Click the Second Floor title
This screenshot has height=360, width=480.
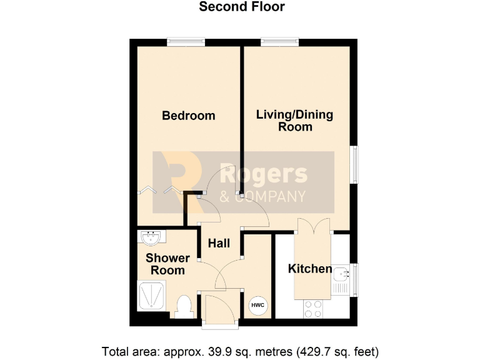tap(241, 7)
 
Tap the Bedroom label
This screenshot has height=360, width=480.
tap(188, 116)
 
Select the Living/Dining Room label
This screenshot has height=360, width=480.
tap(294, 121)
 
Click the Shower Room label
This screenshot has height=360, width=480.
tap(167, 264)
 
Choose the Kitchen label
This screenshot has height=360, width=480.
tap(309, 269)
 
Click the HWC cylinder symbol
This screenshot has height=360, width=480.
tap(257, 305)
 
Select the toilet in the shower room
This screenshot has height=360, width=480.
tap(184, 306)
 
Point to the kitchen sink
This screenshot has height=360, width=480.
tap(341, 273)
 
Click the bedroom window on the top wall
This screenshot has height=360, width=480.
tap(186, 42)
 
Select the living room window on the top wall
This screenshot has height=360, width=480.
tap(279, 42)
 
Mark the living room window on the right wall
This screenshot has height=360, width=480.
tap(356, 165)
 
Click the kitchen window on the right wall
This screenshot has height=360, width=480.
tap(356, 279)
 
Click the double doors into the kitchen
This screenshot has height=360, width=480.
tap(313, 226)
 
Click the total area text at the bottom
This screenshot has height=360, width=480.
tap(240, 351)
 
